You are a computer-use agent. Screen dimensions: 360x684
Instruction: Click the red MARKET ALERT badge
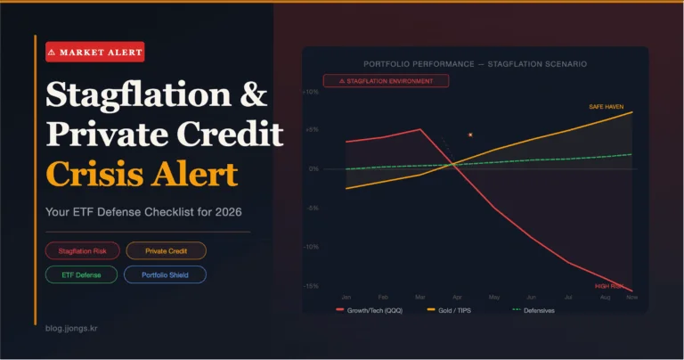(x=94, y=52)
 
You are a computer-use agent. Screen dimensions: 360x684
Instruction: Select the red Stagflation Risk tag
(x=82, y=250)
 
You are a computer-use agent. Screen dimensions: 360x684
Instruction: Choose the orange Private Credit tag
(x=166, y=250)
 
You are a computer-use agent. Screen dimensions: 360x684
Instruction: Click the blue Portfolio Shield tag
(x=165, y=275)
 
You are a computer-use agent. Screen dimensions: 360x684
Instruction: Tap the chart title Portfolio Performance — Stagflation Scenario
(x=475, y=64)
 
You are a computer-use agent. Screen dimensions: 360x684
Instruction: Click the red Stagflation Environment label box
(x=386, y=81)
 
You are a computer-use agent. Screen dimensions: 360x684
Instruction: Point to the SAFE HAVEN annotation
(x=606, y=106)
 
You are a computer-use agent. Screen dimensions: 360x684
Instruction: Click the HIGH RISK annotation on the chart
(x=608, y=286)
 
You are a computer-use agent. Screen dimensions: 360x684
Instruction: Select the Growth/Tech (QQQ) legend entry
(x=373, y=310)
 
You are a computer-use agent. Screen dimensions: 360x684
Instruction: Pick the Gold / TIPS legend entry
(x=454, y=310)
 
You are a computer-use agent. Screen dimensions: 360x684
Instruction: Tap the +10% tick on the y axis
(x=310, y=92)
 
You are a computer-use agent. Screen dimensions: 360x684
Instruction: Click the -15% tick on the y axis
(x=310, y=286)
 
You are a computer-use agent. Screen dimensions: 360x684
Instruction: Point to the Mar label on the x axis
(x=419, y=296)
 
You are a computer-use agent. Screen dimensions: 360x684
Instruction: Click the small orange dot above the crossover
(x=470, y=135)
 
